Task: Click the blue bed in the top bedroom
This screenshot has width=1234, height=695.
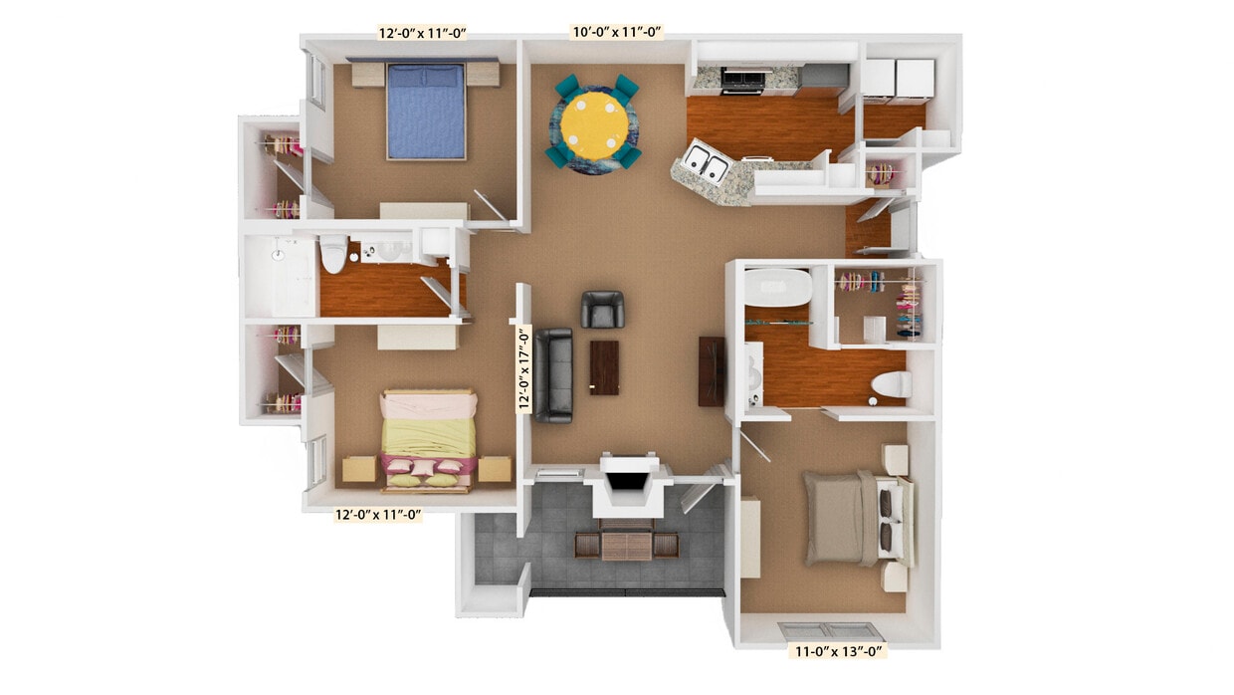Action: click(x=426, y=110)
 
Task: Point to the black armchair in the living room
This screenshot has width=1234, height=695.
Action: click(x=602, y=310)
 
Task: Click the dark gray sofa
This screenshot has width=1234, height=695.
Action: click(x=553, y=374)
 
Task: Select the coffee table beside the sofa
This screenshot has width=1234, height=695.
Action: click(x=603, y=367)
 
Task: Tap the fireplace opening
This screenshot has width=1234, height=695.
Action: click(x=625, y=482)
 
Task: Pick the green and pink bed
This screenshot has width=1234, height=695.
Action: click(x=430, y=439)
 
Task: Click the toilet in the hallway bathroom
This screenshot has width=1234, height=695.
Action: click(x=332, y=255)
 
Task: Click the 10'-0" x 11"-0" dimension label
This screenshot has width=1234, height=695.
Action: click(x=617, y=31)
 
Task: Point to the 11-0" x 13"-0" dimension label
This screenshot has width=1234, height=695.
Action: click(x=836, y=652)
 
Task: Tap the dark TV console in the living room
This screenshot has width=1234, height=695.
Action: click(x=712, y=370)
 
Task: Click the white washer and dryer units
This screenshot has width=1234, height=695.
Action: click(x=898, y=80)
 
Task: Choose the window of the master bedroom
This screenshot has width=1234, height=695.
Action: click(x=829, y=630)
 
